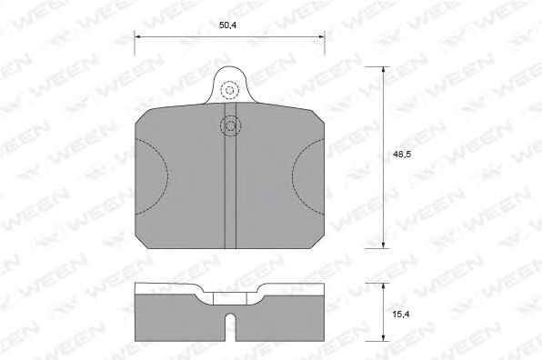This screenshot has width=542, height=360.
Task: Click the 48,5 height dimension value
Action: point(401,155)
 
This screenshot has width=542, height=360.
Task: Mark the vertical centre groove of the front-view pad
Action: point(230,191)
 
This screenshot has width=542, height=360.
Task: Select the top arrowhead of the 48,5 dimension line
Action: point(383,70)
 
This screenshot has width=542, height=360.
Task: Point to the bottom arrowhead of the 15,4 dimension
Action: point(383,338)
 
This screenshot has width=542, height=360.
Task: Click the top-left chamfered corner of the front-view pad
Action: point(141,115)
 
